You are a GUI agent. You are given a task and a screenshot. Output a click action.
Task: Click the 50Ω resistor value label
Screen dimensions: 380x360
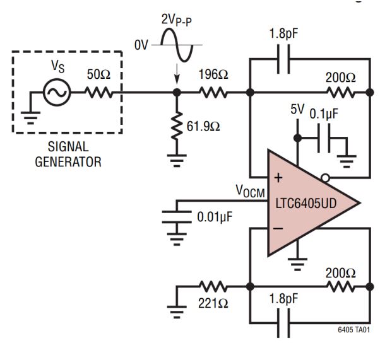pyautogui.click(x=98, y=74)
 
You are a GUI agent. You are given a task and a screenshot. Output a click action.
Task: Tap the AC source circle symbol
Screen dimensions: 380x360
pyautogui.click(x=57, y=92)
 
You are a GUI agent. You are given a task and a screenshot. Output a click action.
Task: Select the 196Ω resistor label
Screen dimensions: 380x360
pyautogui.click(x=213, y=74)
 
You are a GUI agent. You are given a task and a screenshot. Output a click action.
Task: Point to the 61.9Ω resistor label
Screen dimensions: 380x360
pyautogui.click(x=203, y=126)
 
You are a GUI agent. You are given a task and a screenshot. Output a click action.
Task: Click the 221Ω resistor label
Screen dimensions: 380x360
pyautogui.click(x=213, y=303)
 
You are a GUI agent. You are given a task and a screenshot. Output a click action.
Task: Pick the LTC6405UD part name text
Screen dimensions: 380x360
pyautogui.click(x=306, y=204)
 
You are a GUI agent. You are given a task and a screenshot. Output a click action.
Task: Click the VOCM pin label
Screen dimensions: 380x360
pyautogui.click(x=251, y=191)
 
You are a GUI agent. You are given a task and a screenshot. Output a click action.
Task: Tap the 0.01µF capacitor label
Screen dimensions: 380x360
pyautogui.click(x=215, y=217)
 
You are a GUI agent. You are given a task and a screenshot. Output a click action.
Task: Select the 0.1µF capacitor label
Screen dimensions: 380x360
pyautogui.click(x=324, y=113)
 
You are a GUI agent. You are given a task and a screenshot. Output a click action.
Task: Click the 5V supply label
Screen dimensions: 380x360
pyautogui.click(x=297, y=110)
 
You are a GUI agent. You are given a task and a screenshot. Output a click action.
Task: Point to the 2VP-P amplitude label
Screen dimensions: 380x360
pyautogui.click(x=177, y=20)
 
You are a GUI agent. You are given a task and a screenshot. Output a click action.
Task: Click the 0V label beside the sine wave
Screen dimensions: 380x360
pyautogui.click(x=141, y=45)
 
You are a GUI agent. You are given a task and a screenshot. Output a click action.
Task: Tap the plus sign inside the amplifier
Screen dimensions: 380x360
pyautogui.click(x=278, y=178)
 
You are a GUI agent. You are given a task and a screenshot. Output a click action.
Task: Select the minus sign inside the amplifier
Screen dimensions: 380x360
pyautogui.click(x=278, y=228)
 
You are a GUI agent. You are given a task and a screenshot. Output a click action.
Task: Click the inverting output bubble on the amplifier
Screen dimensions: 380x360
pyautogui.click(x=325, y=178)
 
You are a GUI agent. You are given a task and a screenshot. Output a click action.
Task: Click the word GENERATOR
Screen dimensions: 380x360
pyautogui.click(x=68, y=162)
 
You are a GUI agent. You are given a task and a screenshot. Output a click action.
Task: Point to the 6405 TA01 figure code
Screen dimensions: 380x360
pyautogui.click(x=354, y=330)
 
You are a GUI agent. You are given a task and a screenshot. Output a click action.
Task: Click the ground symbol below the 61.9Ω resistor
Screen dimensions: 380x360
pyautogui.click(x=177, y=161)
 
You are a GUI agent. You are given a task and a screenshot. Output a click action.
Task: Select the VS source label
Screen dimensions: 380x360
pyautogui.click(x=57, y=66)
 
